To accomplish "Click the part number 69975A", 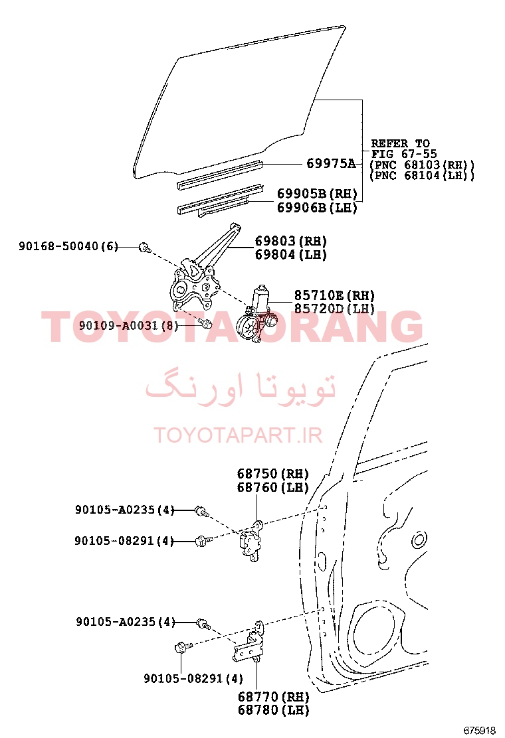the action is (331, 163).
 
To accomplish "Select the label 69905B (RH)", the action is (317, 193).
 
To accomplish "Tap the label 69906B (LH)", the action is (317, 208).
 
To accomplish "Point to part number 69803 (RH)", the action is (290, 241).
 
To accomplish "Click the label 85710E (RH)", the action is (334, 295).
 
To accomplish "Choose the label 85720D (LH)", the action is (334, 309).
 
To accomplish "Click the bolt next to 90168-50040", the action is (145, 247).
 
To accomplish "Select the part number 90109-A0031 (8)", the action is (129, 325).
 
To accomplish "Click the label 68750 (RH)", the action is (272, 473).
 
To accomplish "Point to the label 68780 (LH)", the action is (273, 709).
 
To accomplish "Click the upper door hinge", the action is (251, 542).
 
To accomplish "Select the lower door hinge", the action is (249, 643).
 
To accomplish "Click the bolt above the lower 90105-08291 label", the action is (182, 648).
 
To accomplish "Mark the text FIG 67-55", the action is (404, 154).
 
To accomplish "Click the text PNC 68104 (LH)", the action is (422, 176).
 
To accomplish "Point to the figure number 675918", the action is (480, 731).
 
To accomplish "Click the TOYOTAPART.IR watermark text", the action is (238, 435).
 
